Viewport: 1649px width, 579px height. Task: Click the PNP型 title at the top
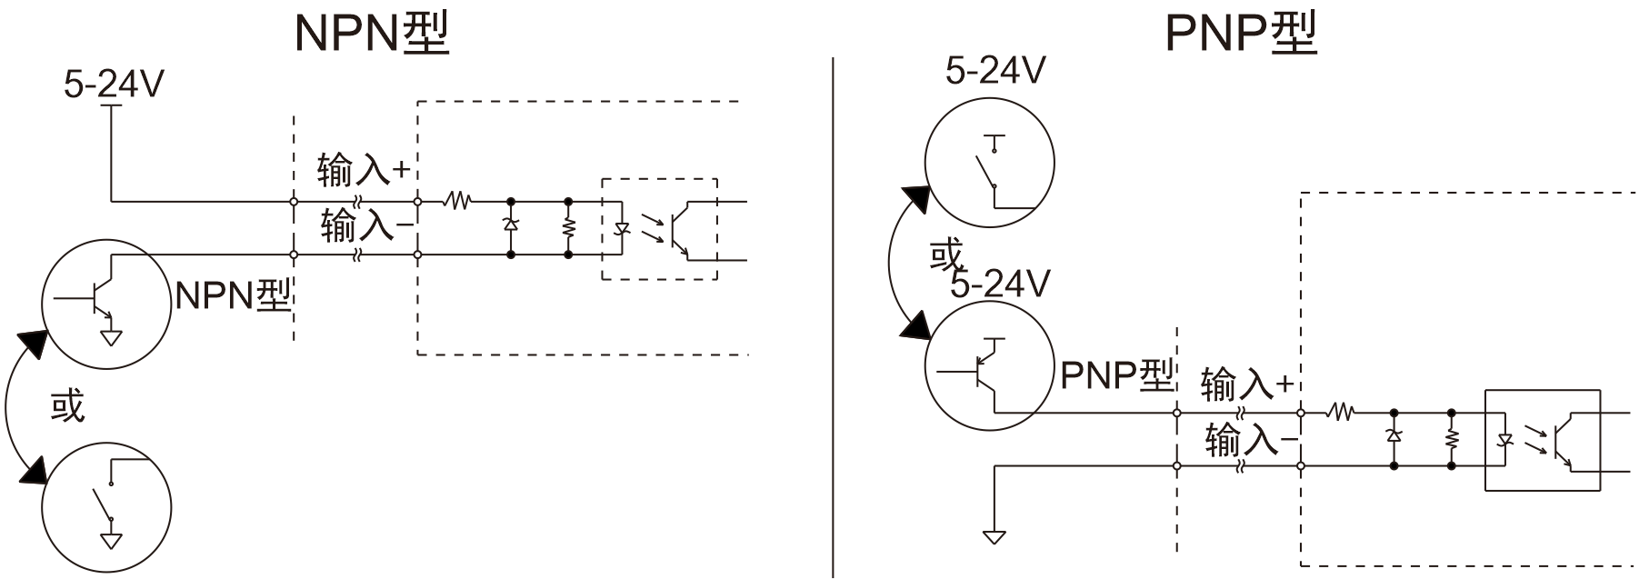click(1241, 33)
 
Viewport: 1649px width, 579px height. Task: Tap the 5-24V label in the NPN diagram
click(113, 85)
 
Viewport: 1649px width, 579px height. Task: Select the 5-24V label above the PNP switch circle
click(995, 70)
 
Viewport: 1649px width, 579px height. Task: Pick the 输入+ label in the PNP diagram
click(1246, 384)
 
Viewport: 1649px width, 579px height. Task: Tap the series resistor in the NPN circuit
click(456, 200)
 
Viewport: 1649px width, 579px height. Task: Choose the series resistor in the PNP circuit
click(1341, 413)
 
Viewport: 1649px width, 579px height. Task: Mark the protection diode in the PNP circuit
click(1394, 435)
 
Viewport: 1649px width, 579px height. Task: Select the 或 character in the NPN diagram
click(66, 405)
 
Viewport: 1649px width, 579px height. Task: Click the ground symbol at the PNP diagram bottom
click(994, 536)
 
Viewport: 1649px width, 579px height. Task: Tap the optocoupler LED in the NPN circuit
click(623, 228)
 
